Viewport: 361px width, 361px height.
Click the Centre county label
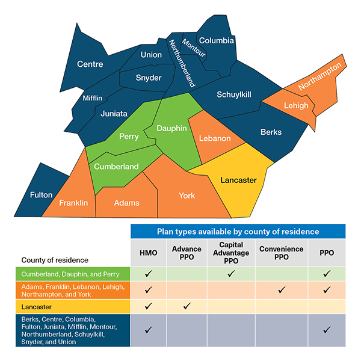90,64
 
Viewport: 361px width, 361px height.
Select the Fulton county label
42,195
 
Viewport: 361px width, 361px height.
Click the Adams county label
126,203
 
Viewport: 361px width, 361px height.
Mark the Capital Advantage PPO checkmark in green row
230,273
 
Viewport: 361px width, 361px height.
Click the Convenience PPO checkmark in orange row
280,290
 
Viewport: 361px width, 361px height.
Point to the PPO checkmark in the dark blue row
327,330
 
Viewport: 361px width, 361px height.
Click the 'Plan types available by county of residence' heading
238,231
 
